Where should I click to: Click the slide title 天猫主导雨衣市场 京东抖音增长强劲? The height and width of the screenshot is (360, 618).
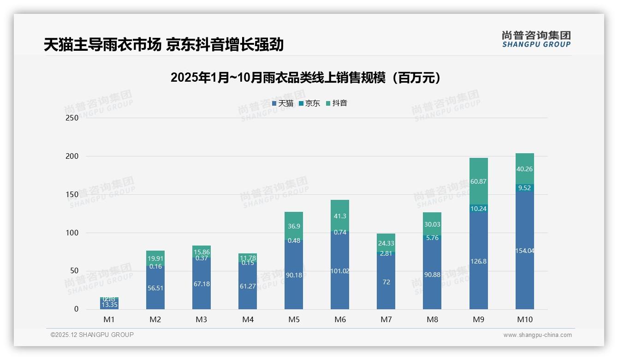(163, 45)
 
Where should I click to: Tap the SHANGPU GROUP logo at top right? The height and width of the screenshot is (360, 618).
(536, 39)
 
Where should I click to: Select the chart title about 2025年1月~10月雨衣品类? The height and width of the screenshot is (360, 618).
(305, 78)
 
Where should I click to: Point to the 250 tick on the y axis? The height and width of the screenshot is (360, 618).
(72, 118)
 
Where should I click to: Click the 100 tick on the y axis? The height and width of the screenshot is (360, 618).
(72, 233)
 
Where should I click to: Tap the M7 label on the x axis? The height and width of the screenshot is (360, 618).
(386, 319)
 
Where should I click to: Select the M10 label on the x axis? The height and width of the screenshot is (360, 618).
(524, 319)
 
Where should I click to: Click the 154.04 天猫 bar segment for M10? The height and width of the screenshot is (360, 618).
(524, 251)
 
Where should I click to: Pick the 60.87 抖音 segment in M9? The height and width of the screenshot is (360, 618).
(478, 181)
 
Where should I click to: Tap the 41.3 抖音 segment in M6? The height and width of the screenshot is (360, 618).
(340, 216)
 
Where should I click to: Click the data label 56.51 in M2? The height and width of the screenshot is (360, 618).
(155, 288)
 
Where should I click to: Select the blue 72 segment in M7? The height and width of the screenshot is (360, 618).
(386, 282)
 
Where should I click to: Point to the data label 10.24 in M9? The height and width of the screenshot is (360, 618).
(478, 209)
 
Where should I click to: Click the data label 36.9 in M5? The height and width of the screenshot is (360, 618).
(294, 226)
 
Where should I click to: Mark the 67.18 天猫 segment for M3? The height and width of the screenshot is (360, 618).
(202, 284)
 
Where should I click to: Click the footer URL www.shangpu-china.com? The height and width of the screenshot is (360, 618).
(537, 335)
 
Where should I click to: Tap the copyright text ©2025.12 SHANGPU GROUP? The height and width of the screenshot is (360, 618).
(92, 335)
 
